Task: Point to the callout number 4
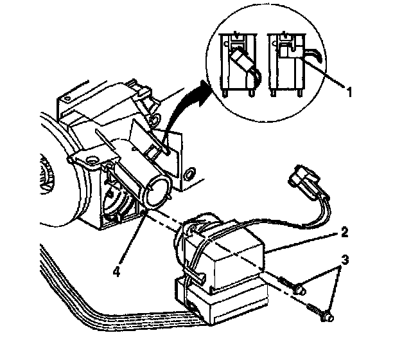coord(116,272)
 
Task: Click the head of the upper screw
coord(299,289)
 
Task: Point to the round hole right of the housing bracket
coord(189,174)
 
